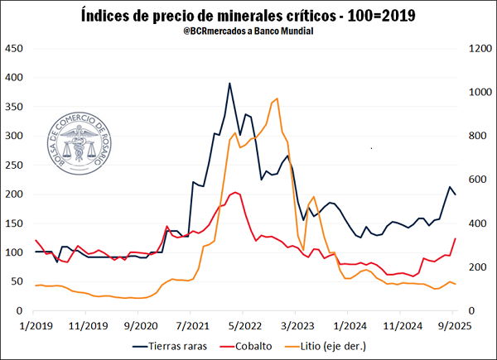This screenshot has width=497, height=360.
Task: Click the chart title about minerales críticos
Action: click(x=248, y=14)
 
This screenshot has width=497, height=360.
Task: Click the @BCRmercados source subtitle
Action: click(x=248, y=31)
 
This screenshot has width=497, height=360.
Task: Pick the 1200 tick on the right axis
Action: click(x=479, y=49)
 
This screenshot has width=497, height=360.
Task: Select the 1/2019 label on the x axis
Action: click(x=36, y=325)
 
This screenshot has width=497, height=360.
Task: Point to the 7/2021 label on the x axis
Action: click(x=191, y=325)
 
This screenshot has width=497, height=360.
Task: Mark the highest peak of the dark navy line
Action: click(x=229, y=84)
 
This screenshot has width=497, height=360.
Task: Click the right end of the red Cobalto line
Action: click(x=456, y=238)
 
